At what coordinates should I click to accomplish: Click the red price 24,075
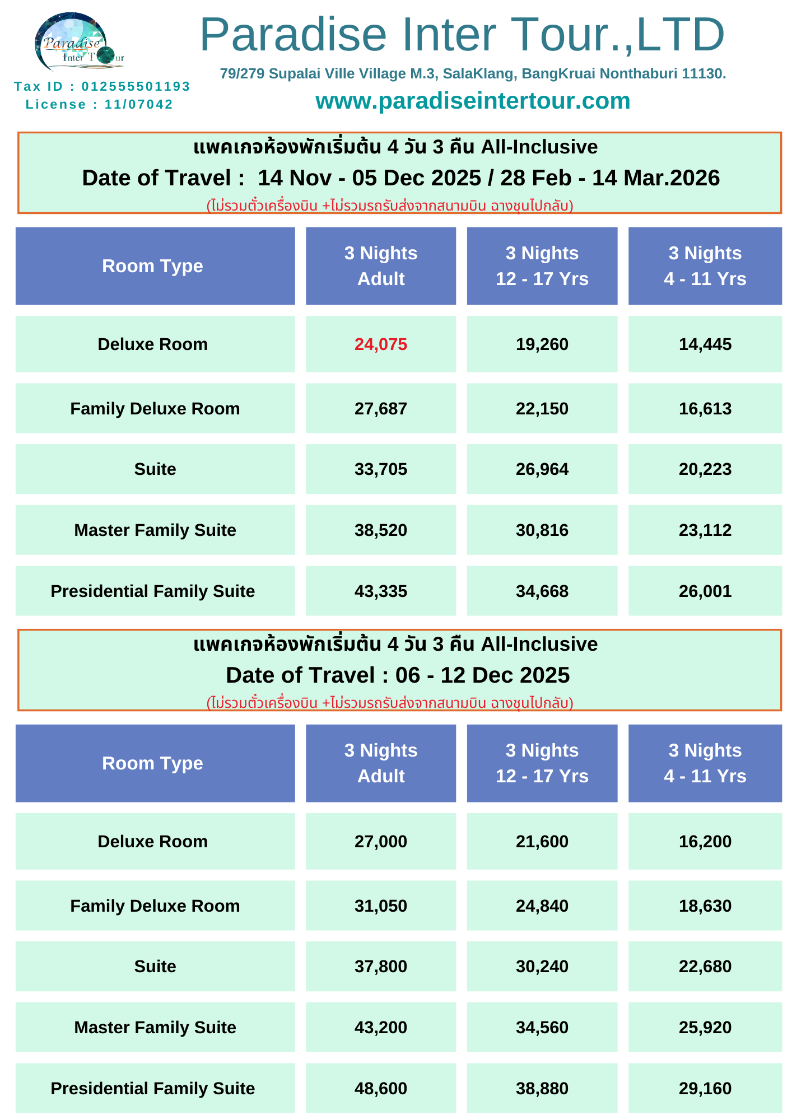coord(381,344)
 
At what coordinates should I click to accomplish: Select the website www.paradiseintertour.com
coord(473,101)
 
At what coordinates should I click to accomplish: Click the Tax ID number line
coord(102,86)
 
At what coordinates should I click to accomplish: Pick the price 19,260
coord(542,344)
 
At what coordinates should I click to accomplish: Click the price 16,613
coord(705,409)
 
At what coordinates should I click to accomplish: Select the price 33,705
coord(381,469)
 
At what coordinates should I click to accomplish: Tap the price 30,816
coord(542,530)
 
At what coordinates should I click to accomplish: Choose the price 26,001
coord(705,591)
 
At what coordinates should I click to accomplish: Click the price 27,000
coord(381,842)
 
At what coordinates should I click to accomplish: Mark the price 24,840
coord(542,906)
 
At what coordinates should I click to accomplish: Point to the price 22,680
coord(705,967)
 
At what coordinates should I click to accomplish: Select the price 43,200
coord(381,1028)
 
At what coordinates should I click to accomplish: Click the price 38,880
coord(542,1089)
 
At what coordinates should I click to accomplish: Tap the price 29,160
coord(705,1089)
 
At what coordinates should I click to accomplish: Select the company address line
coord(473,74)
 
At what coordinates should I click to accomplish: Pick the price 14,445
coord(705,344)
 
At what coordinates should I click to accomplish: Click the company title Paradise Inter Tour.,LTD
coord(462,35)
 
